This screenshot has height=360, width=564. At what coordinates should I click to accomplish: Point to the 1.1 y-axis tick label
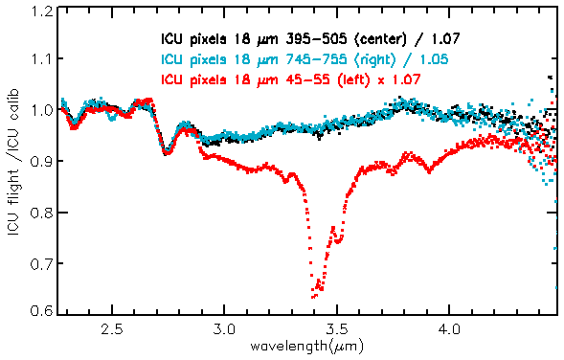click(42, 58)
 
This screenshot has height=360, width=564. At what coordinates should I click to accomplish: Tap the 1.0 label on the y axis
click(42, 109)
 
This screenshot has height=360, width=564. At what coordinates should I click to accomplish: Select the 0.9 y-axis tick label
click(42, 161)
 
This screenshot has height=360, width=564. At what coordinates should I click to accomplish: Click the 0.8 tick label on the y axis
click(42, 213)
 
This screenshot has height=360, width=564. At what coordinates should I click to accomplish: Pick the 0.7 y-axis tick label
click(42, 263)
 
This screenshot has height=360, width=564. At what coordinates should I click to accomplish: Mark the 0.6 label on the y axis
click(42, 310)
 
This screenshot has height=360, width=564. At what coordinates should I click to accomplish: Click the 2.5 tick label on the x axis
click(112, 328)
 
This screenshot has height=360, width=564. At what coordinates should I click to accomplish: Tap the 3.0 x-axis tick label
click(224, 328)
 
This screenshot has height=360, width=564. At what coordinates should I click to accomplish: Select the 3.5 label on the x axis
click(337, 328)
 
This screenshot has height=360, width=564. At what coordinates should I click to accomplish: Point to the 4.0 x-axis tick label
click(450, 328)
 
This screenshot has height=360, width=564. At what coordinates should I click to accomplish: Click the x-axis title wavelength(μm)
click(306, 347)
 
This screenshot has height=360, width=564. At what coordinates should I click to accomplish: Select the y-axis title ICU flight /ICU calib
click(15, 162)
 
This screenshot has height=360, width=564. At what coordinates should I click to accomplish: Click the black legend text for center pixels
click(310, 39)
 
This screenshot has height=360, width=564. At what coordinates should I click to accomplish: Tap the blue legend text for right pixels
click(305, 59)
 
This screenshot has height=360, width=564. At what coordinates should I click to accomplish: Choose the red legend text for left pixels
click(291, 79)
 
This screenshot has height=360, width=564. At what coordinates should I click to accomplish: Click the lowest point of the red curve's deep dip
click(312, 298)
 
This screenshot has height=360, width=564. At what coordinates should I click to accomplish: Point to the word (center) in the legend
click(380, 39)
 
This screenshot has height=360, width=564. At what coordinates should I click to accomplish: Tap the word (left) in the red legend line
click(353, 79)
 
